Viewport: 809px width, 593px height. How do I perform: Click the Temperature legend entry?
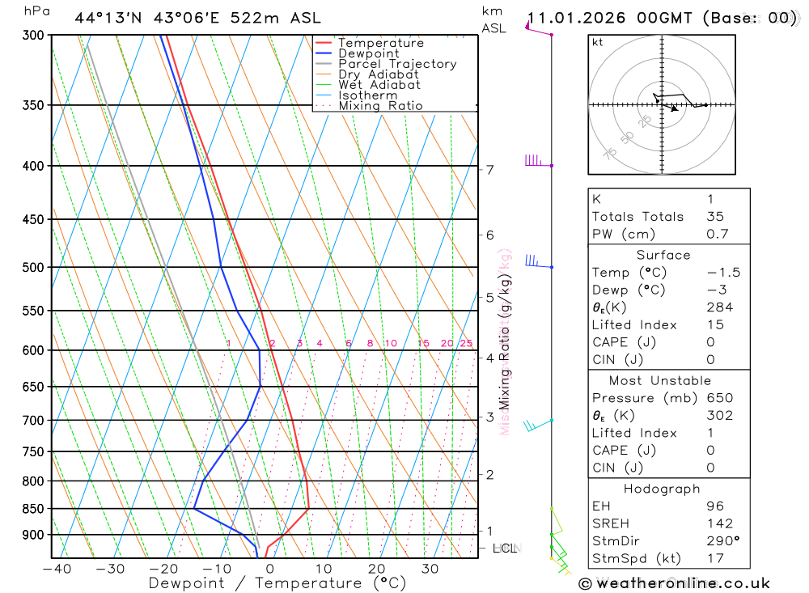(x=380, y=43)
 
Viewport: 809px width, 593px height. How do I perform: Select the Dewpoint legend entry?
(x=369, y=53)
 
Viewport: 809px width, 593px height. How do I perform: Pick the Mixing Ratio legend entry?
(x=380, y=105)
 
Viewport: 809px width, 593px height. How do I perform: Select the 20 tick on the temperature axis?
(x=376, y=569)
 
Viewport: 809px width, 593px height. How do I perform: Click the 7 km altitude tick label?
(x=489, y=169)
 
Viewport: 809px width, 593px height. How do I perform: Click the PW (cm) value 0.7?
(x=718, y=234)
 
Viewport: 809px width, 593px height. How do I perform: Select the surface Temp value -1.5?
(x=723, y=273)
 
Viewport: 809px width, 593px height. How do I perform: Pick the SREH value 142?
(x=719, y=523)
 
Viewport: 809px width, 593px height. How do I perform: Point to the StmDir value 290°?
(x=723, y=540)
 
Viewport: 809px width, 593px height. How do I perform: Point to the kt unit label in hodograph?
(x=597, y=42)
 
